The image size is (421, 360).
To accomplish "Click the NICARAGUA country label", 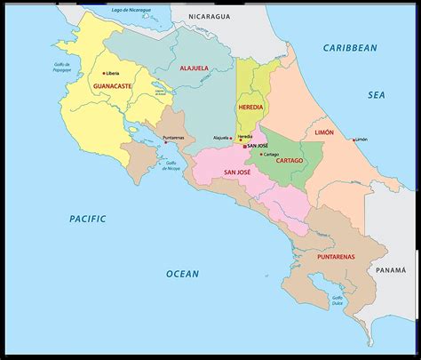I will pyautogui.click(x=209, y=17).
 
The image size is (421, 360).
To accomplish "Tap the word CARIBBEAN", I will pyautogui.click(x=350, y=47).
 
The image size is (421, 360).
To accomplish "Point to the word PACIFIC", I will pyautogui.click(x=88, y=218).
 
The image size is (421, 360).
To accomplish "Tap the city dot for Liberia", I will pyautogui.click(x=104, y=73).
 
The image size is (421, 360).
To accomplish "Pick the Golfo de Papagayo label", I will pyautogui.click(x=62, y=68).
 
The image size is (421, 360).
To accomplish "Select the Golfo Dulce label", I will pyautogui.click(x=338, y=300).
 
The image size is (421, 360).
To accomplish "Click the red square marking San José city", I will pyautogui.click(x=244, y=146).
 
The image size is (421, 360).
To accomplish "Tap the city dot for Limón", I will pyautogui.click(x=354, y=140).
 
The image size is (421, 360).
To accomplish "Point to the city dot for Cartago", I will pyautogui.click(x=260, y=154).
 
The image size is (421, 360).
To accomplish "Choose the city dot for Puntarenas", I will pyautogui.click(x=164, y=140).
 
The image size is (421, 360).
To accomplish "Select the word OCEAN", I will pyautogui.click(x=183, y=274).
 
